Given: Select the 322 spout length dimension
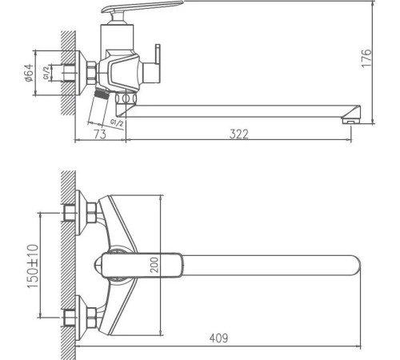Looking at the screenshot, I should coord(238,134).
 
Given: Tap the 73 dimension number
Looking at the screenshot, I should coord(100,134).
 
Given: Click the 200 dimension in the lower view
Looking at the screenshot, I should coord(154,264).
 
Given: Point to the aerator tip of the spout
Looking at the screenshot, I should coord(351,119).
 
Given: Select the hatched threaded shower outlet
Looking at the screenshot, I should coord(102,94).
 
